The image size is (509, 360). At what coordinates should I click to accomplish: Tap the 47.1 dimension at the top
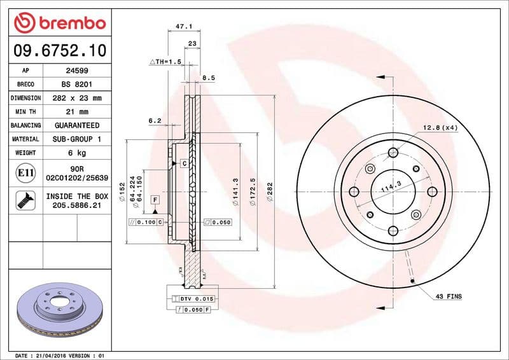(184, 27)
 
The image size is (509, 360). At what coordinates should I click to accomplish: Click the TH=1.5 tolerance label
(165, 62)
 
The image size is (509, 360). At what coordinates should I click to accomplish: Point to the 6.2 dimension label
(155, 120)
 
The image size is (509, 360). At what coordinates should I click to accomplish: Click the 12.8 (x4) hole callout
(440, 128)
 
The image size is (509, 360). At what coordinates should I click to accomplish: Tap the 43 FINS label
(449, 296)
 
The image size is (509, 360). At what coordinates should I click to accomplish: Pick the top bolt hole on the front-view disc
(393, 152)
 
